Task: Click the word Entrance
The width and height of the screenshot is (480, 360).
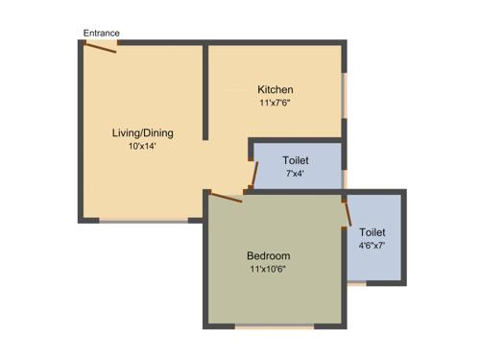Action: pyautogui.click(x=102, y=33)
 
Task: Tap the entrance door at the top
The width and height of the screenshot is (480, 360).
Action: pyautogui.click(x=101, y=46)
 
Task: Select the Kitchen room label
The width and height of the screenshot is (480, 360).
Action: pyautogui.click(x=275, y=90)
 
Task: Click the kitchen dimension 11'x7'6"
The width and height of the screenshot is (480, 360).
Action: pyautogui.click(x=275, y=103)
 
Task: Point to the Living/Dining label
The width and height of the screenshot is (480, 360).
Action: pyautogui.click(x=143, y=133)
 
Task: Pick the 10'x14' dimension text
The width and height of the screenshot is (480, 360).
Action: pyautogui.click(x=143, y=147)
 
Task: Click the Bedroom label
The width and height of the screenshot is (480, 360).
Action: pyautogui.click(x=268, y=256)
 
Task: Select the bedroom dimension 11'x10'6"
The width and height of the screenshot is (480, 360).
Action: pyautogui.click(x=268, y=270)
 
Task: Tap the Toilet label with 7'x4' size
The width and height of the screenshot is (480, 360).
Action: pyautogui.click(x=296, y=160)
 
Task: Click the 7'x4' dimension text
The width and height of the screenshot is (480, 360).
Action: pyautogui.click(x=296, y=174)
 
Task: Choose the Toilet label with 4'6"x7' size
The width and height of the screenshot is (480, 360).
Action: pyautogui.click(x=372, y=232)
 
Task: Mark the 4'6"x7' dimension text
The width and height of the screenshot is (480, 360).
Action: pyautogui.click(x=372, y=246)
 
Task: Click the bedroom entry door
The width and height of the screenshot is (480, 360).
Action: pyautogui.click(x=227, y=197)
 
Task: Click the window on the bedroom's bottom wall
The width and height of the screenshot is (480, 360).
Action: pyautogui.click(x=275, y=327)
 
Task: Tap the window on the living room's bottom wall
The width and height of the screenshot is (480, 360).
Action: pyautogui.click(x=144, y=221)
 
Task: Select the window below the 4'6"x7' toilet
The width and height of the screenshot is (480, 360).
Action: pyautogui.click(x=356, y=284)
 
